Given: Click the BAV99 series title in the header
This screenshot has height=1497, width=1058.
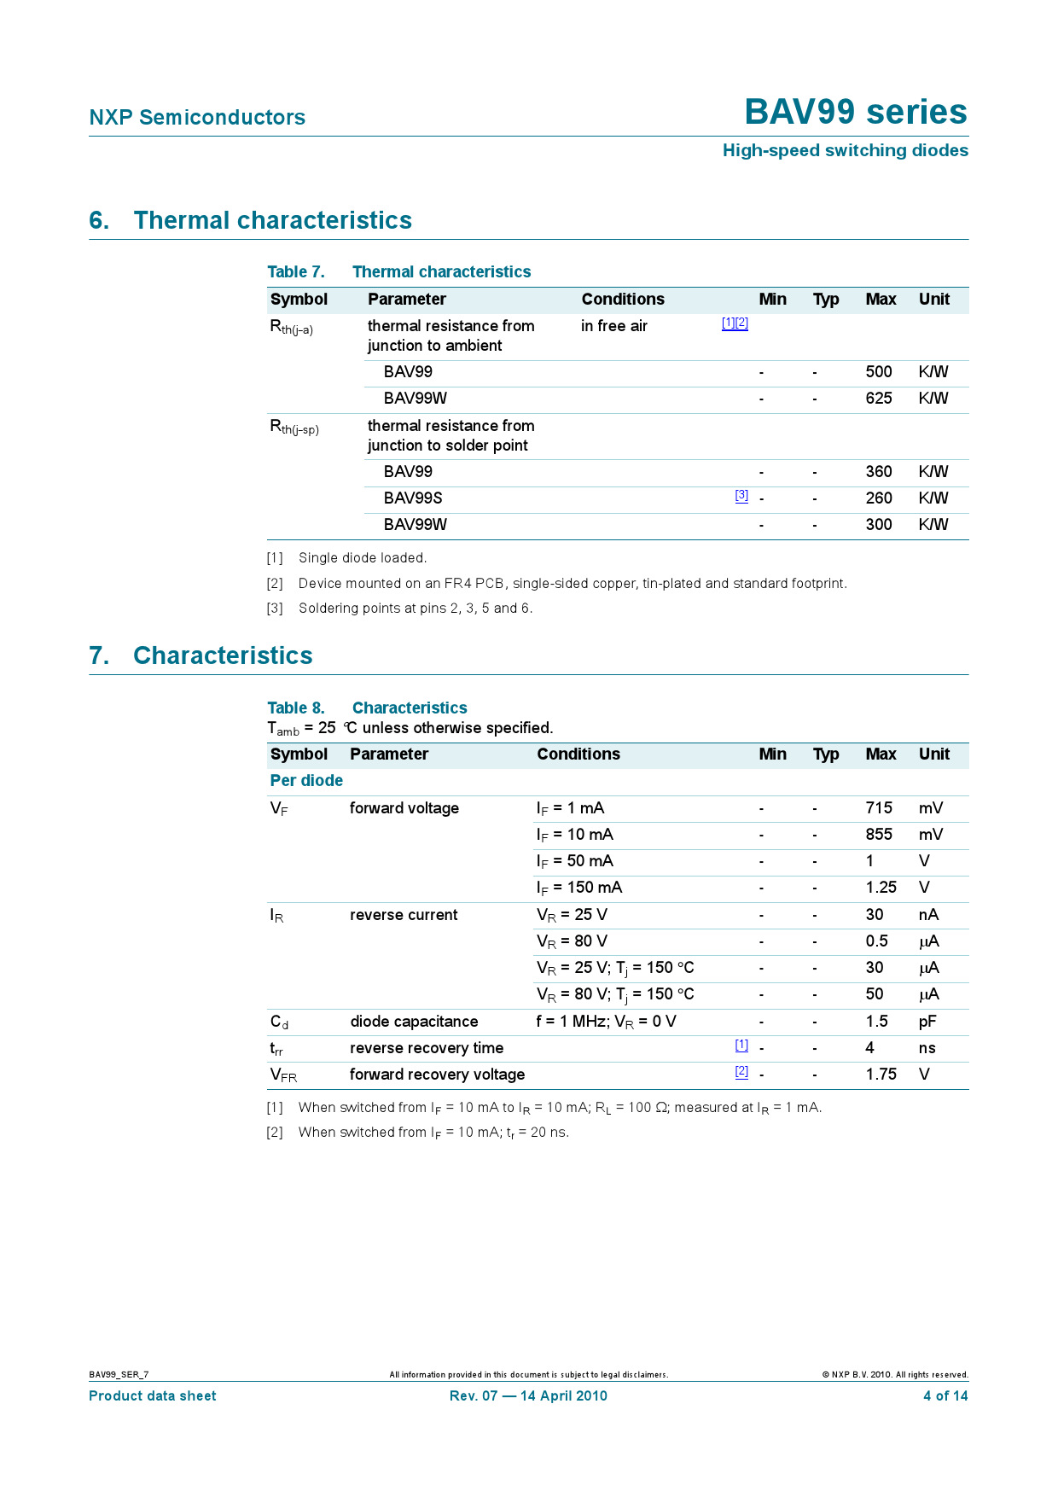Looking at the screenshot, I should pyautogui.click(x=855, y=112).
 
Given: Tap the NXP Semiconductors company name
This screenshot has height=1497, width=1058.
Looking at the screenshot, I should pyautogui.click(x=197, y=117).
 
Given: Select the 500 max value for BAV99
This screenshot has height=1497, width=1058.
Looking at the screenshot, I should pyautogui.click(x=878, y=372).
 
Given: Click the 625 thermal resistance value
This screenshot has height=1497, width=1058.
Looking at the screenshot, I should pyautogui.click(x=878, y=399).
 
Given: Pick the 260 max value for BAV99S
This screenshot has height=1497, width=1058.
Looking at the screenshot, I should pyautogui.click(x=878, y=498).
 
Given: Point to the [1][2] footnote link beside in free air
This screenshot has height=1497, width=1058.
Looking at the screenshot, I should pyautogui.click(x=735, y=323).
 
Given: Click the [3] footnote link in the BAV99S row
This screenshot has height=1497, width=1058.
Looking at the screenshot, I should pyautogui.click(x=741, y=495).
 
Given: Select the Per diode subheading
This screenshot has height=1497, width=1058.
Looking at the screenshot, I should pyautogui.click(x=306, y=781).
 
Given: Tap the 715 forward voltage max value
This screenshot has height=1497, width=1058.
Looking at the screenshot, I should pyautogui.click(x=878, y=808).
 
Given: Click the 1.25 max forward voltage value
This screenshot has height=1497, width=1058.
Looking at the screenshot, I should pyautogui.click(x=881, y=888).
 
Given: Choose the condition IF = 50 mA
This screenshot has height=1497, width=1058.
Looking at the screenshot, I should pyautogui.click(x=574, y=861).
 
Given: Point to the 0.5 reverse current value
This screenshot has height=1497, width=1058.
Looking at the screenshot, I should pyautogui.click(x=876, y=941).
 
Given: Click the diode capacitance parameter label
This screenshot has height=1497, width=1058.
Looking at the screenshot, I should pyautogui.click(x=414, y=1022).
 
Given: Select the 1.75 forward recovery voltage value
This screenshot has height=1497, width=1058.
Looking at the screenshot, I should pyautogui.click(x=881, y=1075).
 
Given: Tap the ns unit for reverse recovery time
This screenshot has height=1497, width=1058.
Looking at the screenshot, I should pyautogui.click(x=927, y=1048).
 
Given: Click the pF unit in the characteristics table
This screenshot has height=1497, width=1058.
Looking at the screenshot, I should pyautogui.click(x=927, y=1022).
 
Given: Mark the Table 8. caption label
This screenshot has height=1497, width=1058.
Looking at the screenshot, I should pyautogui.click(x=296, y=708).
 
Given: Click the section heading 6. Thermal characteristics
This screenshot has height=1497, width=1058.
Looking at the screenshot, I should pyautogui.click(x=251, y=220).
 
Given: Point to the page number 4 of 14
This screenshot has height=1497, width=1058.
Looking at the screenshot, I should pyautogui.click(x=945, y=1395).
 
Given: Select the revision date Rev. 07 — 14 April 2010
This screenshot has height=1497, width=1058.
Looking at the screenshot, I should pyautogui.click(x=528, y=1395).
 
